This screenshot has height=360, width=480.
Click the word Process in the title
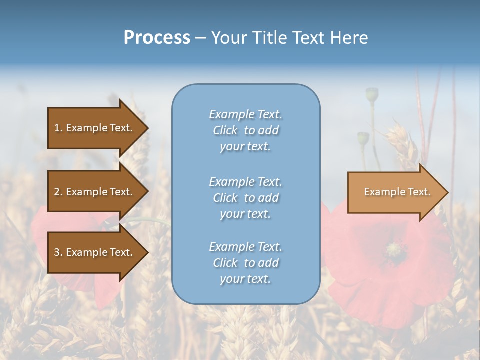point(157,38)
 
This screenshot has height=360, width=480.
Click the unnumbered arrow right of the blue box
point(395,192)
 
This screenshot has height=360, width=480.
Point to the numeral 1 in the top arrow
point(57,128)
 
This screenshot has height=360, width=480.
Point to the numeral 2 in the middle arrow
point(57,192)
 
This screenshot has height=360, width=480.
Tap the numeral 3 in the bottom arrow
point(57,252)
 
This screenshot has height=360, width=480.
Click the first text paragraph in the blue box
point(245,130)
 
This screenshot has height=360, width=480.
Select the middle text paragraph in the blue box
point(245,198)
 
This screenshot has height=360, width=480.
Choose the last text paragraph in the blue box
point(245,263)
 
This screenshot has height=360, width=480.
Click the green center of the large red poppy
point(396,248)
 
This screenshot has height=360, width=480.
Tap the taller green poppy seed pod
point(372,94)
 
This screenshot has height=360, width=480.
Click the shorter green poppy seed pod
point(363,138)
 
